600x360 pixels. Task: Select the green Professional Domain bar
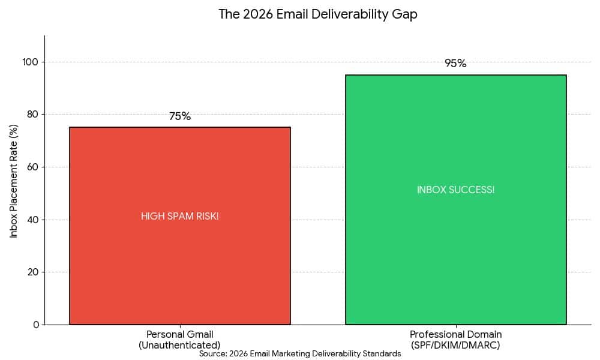455,252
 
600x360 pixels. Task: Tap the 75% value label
180,116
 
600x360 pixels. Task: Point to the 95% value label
455,64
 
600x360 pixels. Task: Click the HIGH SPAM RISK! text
180,217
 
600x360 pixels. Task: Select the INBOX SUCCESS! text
455,190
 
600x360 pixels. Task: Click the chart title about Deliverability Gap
317,14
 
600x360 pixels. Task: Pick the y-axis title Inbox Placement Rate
14,181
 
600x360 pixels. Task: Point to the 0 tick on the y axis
35,325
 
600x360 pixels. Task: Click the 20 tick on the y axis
33,272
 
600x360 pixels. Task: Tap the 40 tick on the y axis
33,220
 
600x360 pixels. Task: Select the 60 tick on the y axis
33,167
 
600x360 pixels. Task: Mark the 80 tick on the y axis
33,115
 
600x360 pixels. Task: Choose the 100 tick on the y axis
31,62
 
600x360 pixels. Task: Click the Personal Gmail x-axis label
180,334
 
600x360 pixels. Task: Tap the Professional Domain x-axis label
455,334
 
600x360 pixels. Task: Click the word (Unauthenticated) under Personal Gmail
180,345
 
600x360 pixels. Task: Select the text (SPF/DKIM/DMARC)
455,345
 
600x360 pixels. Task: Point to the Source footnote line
300,354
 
